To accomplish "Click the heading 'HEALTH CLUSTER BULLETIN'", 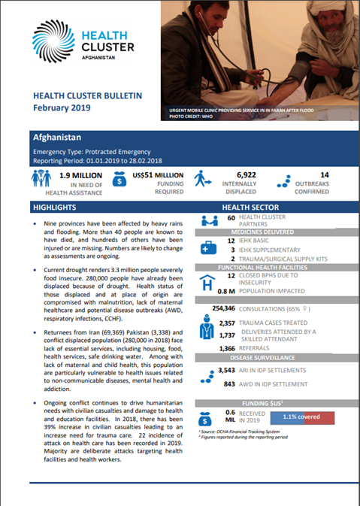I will coord(87,97).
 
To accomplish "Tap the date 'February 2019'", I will coord(61,108).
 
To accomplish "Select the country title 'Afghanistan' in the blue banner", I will coord(59,139).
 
